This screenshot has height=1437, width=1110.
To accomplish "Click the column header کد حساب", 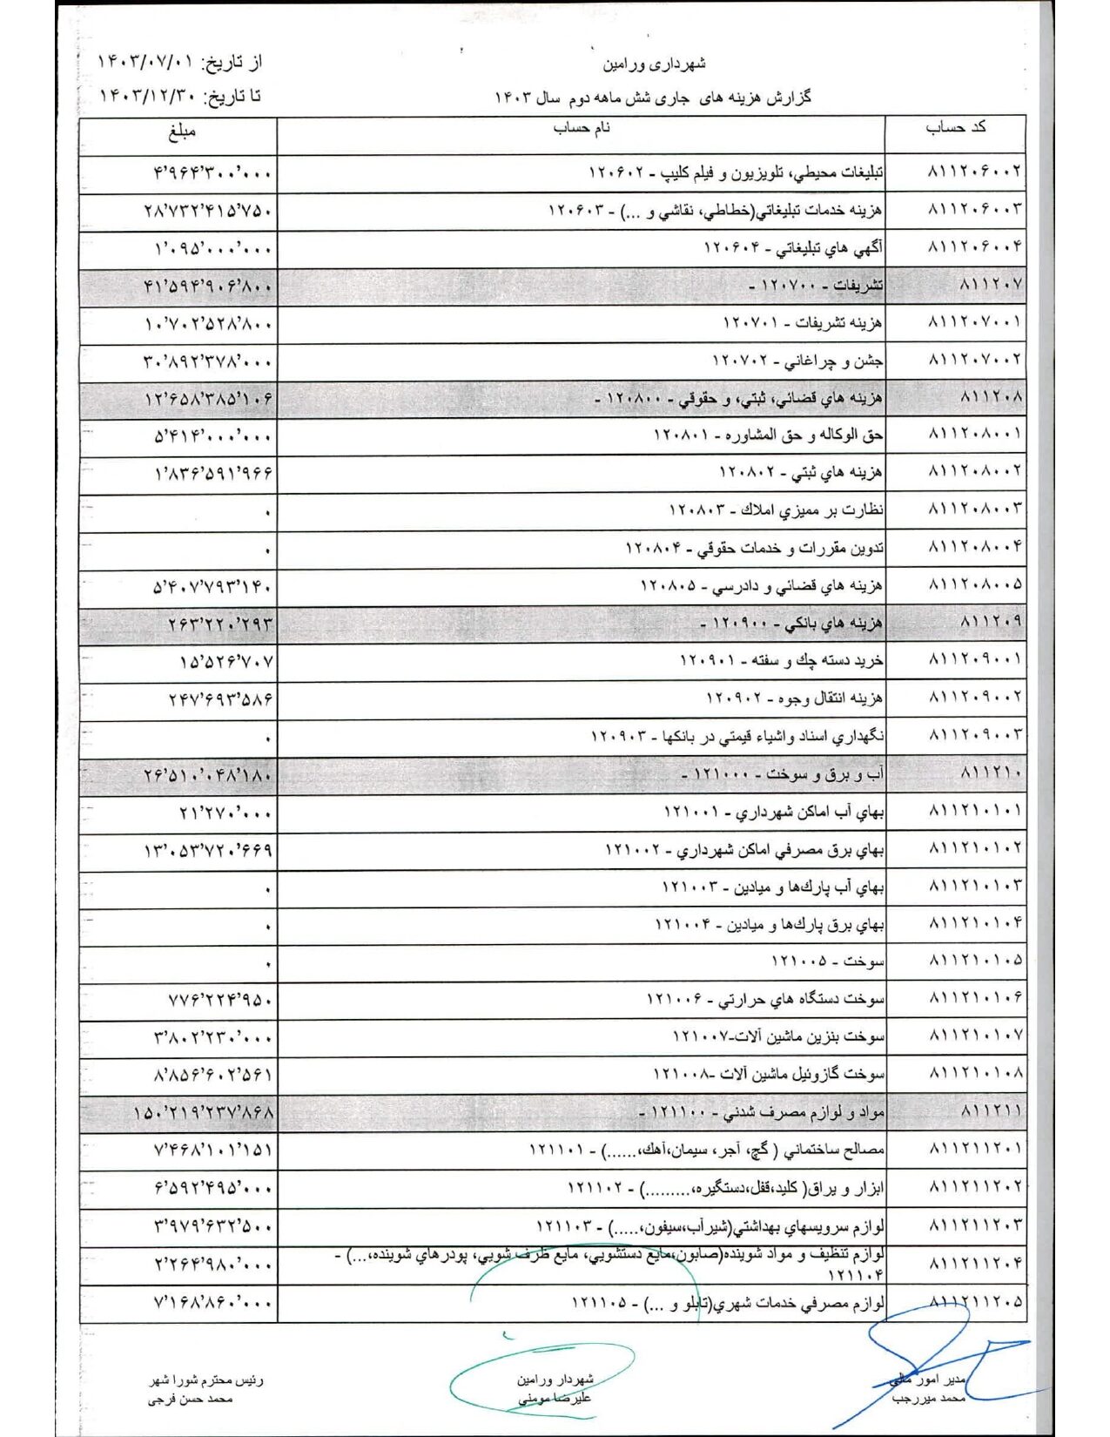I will coord(955,128).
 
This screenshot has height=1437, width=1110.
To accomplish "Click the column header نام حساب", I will coord(581,129).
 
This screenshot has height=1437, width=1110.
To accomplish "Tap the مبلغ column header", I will coord(182,132).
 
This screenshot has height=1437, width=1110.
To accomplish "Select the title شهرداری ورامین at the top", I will coord(654,64).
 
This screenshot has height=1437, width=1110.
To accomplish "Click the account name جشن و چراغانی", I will coord(797,360).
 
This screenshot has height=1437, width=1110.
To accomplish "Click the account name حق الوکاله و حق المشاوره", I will coord(768,435).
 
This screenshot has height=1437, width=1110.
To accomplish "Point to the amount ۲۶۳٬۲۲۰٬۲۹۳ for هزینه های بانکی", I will coord(220,624).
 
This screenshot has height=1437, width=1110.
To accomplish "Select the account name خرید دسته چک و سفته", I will coord(781,661).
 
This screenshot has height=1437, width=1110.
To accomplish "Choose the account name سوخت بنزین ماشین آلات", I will coord(778,1037).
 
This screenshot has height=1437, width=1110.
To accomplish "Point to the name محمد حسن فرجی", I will coord(190,1400).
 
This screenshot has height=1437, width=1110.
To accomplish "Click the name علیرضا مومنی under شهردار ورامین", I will coord(555,1399).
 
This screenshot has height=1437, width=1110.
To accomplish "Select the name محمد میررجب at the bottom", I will coord(928,1399).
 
